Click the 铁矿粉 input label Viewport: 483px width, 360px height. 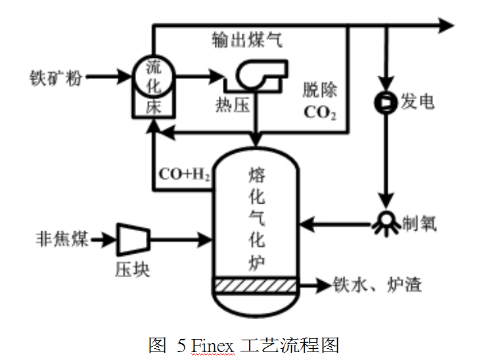pos(56,77)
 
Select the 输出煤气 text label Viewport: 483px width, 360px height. pos(247,41)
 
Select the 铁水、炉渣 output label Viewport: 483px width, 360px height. pos(377,284)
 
